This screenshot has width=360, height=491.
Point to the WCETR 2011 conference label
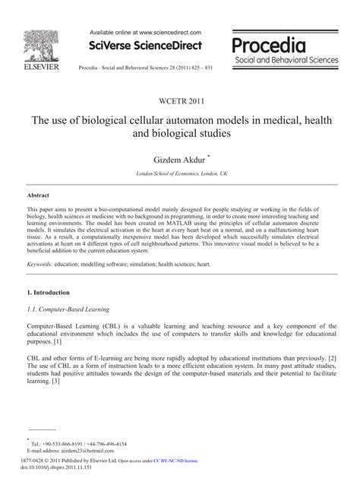pyautogui.click(x=180, y=99)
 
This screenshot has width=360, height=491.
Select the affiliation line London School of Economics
pyautogui.click(x=179, y=174)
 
